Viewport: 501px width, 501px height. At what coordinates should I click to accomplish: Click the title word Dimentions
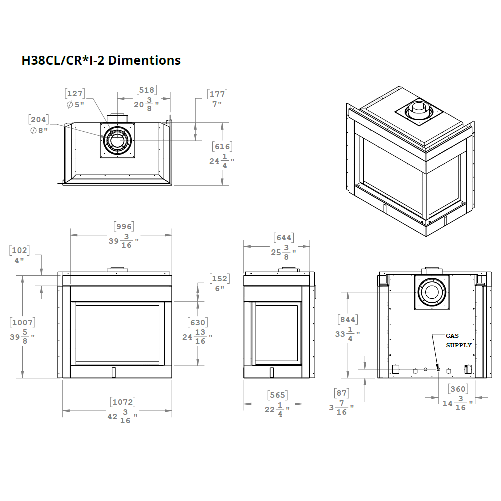144,61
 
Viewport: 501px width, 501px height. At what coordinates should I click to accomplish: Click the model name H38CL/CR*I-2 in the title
63,61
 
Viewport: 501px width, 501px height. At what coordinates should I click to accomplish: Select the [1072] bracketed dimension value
123,402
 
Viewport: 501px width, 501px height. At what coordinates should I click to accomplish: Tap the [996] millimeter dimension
124,226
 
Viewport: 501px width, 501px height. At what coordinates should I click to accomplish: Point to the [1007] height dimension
23,323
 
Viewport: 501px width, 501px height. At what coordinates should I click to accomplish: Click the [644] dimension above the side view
284,238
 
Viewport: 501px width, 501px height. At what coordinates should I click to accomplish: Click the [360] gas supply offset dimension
458,389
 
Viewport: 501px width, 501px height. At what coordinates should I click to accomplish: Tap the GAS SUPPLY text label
458,341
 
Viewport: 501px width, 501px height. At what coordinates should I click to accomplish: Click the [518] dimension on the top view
147,90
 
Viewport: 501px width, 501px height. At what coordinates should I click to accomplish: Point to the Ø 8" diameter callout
38,131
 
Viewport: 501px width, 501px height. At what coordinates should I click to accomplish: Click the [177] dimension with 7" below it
217,94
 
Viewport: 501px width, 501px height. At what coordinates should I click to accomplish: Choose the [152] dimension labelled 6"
220,279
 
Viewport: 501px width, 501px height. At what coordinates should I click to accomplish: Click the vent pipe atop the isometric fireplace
417,109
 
